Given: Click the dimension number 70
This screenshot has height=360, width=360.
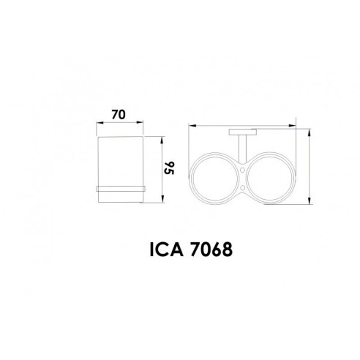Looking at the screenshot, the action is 119,115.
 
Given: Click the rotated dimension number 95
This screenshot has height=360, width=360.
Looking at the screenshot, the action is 169,168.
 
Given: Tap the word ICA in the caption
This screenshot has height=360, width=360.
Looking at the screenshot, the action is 166,250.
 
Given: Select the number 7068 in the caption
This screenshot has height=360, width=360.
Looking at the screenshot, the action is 211,250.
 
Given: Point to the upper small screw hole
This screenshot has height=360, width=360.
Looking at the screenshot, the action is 243,169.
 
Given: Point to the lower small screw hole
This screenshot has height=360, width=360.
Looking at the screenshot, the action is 243,187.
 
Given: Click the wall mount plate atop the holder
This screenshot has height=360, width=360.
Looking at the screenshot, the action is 242,132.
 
